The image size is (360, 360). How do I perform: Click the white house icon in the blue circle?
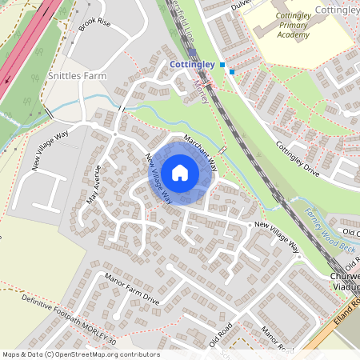(x=180, y=172)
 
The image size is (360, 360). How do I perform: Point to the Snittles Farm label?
(x=77, y=75)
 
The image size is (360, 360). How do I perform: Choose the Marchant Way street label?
(x=201, y=150)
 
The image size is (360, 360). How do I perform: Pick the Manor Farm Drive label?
(x=131, y=292)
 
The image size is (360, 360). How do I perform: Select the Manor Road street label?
(x=276, y=335)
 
